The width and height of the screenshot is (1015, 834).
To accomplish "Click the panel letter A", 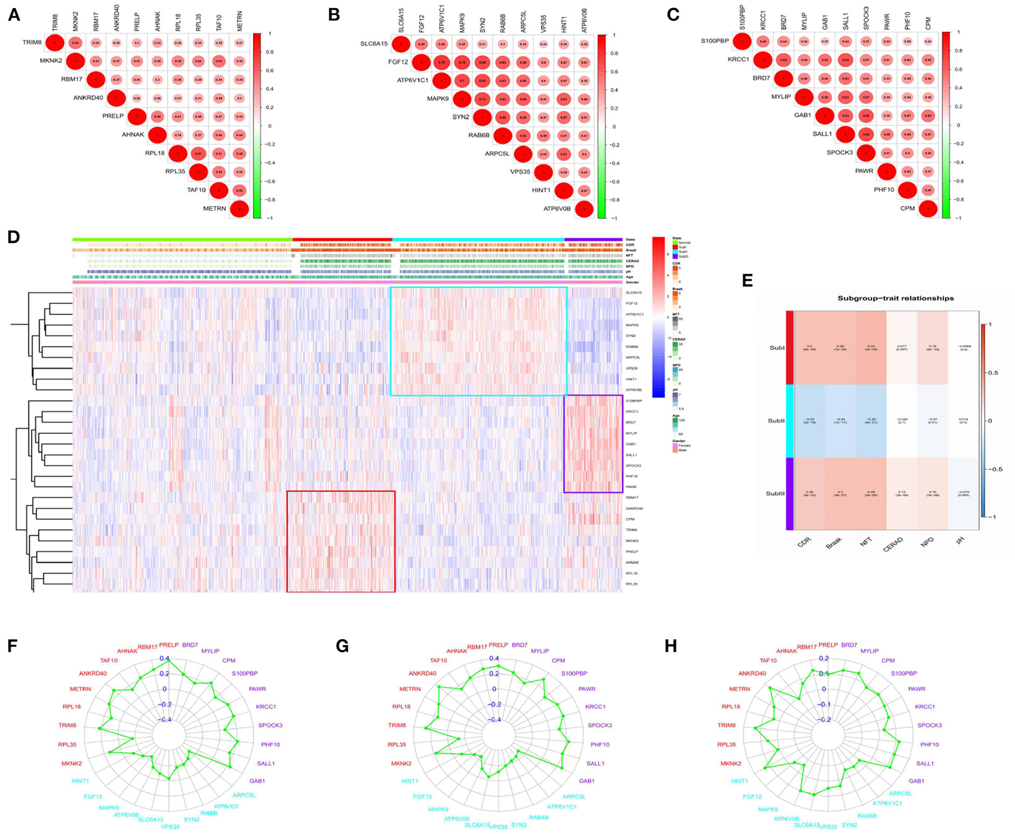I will pyautogui.click(x=14, y=15).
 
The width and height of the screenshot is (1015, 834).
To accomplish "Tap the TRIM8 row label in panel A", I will pyautogui.click(x=32, y=42).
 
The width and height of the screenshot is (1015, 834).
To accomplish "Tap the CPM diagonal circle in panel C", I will pyautogui.click(x=927, y=210).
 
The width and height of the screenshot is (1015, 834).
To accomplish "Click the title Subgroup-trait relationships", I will pyautogui.click(x=895, y=298).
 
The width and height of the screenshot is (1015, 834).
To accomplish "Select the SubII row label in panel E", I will pyautogui.click(x=776, y=421).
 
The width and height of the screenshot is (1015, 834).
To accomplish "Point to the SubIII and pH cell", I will pyautogui.click(x=963, y=493).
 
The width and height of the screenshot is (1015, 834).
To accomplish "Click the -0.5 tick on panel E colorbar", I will pyautogui.click(x=996, y=469).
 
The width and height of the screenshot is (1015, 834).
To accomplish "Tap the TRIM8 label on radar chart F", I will pyautogui.click(x=67, y=725).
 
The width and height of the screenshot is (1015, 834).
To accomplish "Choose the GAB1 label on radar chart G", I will pyautogui.click(x=586, y=781).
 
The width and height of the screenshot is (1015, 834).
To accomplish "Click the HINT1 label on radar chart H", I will pyautogui.click(x=739, y=781).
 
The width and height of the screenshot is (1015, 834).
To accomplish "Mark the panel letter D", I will pyautogui.click(x=14, y=237).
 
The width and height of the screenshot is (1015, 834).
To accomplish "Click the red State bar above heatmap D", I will pyautogui.click(x=342, y=239).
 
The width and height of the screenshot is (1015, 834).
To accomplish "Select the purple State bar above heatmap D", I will pyautogui.click(x=593, y=239).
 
